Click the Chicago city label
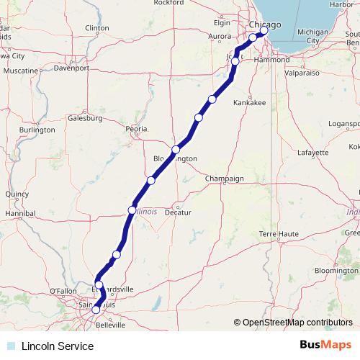point(266,24)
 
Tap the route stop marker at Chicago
point(264,30)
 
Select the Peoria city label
point(136,129)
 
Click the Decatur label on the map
point(177,214)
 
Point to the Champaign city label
point(225,178)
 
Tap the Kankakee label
point(250,103)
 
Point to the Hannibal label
point(20,214)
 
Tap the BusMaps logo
point(326,346)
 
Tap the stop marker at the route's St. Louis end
point(96,310)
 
